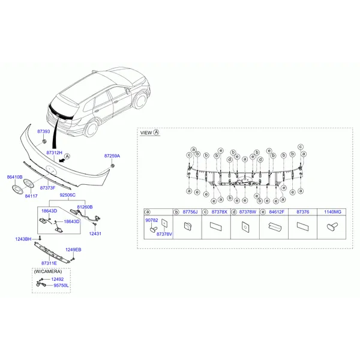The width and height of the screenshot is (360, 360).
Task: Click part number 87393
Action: pyautogui.click(x=44, y=131)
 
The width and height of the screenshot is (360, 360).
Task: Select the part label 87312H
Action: pyautogui.click(x=55, y=152)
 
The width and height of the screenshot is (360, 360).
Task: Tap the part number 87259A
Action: pyautogui.click(x=112, y=156)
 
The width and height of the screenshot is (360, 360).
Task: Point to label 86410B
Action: pyautogui.click(x=14, y=177)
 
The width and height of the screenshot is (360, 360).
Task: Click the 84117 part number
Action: pyautogui.click(x=31, y=196)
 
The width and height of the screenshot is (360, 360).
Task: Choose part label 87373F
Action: pyautogui.click(x=48, y=188)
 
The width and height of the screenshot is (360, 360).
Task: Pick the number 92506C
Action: pyautogui.click(x=67, y=195)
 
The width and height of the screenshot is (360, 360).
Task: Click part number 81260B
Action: pyautogui.click(x=85, y=207)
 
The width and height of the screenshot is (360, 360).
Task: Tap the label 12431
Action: pyautogui.click(x=95, y=234)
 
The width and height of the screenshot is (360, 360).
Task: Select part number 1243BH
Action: pyautogui.click(x=23, y=239)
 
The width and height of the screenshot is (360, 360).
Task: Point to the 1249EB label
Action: pyautogui.click(x=73, y=250)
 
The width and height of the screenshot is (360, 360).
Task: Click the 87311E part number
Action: pyautogui.click(x=49, y=263)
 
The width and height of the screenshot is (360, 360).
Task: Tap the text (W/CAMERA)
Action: pyautogui.click(x=48, y=272)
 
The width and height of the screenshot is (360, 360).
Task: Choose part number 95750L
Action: pyautogui.click(x=61, y=286)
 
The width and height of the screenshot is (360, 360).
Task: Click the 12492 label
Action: pyautogui.click(x=58, y=280)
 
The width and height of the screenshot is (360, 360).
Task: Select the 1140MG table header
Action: pyautogui.click(x=332, y=212)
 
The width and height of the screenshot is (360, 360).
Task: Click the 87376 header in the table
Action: pyautogui.click(x=303, y=212)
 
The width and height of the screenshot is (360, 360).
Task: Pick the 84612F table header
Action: pyautogui.click(x=277, y=212)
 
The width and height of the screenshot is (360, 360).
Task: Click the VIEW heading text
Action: pyautogui.click(x=146, y=133)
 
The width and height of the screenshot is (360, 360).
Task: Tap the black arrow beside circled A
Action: pyautogui.click(x=62, y=160)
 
